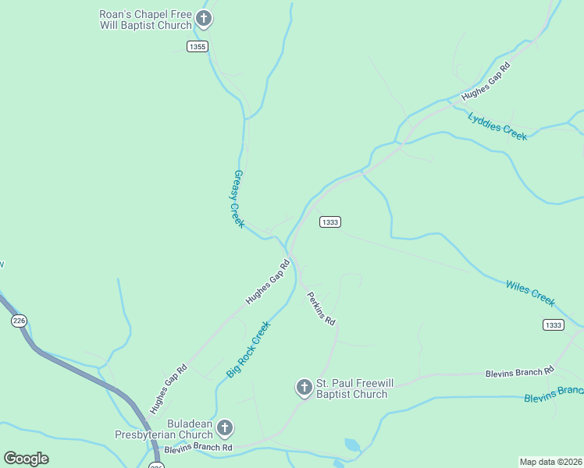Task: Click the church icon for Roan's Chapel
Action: pos(204,19)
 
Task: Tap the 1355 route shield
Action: pos(198,47)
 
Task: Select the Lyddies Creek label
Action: pos(497,126)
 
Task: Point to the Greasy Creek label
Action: pos(239,199)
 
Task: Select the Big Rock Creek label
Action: pos(248,349)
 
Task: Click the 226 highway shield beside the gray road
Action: pos(20,320)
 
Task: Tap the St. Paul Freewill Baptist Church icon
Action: pos(304,387)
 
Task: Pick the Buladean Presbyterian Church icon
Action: pos(224,427)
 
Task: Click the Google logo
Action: pos(26,459)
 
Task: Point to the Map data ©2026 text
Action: pos(550,462)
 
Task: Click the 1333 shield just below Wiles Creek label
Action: pos(553,324)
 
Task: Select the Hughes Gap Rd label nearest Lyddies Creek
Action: pos(485,81)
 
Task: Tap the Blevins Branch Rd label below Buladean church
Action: pos(198,448)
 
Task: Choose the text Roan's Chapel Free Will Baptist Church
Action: pos(145,19)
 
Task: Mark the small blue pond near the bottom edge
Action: pos(352,445)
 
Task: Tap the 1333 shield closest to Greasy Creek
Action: pos(329,222)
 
